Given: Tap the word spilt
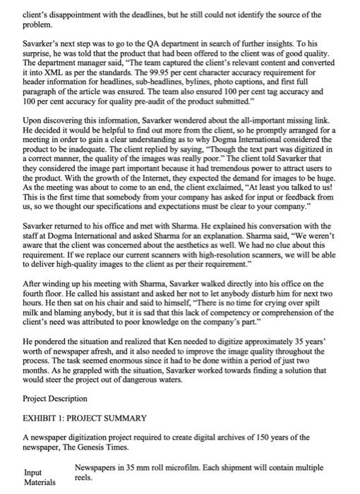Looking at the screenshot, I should (x=320, y=311).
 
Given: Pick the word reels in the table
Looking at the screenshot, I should (x=86, y=477).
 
